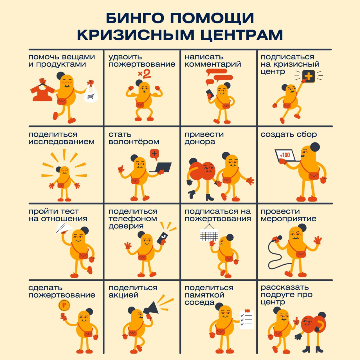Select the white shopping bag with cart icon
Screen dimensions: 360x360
point(91,94)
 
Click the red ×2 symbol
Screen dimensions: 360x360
point(144,74)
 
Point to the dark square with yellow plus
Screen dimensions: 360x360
point(309,76)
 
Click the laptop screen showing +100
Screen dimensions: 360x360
point(285,155)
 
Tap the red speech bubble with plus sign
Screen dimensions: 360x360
point(154,154)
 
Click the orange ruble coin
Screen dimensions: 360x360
point(64,305)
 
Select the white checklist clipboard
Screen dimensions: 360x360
point(247,319)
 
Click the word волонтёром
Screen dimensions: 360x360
point(134,142)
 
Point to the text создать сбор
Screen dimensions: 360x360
point(289,134)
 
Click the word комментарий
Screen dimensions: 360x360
point(213,64)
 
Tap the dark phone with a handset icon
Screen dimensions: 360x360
point(162,238)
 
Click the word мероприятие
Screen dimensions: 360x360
point(289,219)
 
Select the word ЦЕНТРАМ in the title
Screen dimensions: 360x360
point(242,35)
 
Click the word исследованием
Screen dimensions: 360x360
point(62,142)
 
